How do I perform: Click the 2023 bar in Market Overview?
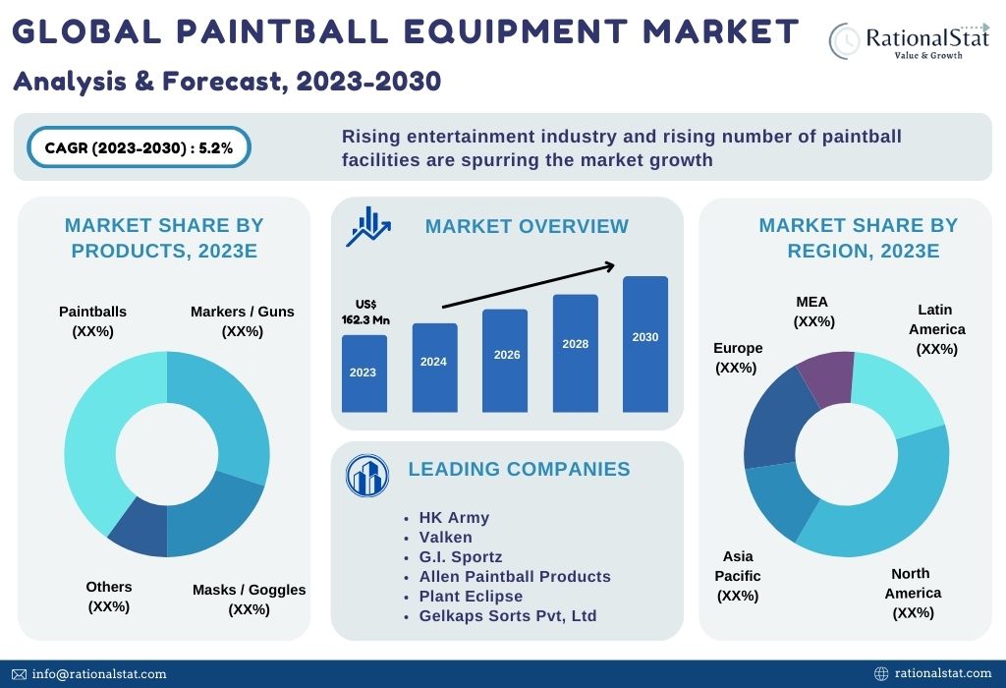click(363, 373)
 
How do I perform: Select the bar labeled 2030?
click(645, 344)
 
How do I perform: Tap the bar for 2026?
click(506, 360)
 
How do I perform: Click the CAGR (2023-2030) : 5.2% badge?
click(139, 148)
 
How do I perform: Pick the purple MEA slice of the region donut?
click(825, 376)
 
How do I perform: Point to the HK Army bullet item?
click(454, 517)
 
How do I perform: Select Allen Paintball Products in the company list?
click(515, 576)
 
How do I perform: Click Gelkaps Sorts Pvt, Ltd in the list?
click(508, 615)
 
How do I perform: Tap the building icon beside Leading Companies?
click(367, 476)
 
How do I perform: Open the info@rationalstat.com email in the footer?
click(99, 674)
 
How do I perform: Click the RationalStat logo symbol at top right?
click(845, 39)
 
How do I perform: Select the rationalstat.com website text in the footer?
click(943, 674)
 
